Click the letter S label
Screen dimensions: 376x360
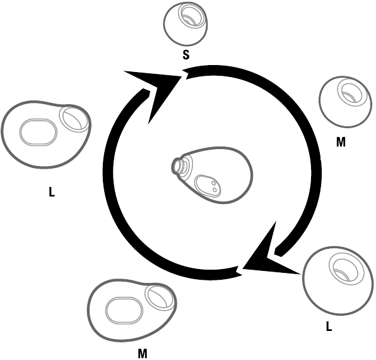coord(186,55)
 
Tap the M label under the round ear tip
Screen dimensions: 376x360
coord(341,142)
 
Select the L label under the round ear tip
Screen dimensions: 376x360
coord(329,327)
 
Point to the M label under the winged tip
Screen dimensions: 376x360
coord(143,353)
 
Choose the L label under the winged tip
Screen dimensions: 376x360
coord(52,192)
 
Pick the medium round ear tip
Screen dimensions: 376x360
coord(345,102)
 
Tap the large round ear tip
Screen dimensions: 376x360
coord(338,280)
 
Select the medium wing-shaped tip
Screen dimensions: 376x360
coord(132,310)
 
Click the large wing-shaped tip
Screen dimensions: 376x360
coord(46,135)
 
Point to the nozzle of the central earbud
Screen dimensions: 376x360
coord(178,165)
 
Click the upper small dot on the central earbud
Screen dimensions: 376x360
coord(213,183)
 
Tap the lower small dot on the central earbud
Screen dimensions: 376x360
coord(215,189)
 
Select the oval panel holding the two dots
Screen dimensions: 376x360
coord(208,186)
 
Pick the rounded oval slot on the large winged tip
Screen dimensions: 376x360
coord(38,132)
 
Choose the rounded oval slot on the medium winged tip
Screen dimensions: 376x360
coord(124,311)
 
